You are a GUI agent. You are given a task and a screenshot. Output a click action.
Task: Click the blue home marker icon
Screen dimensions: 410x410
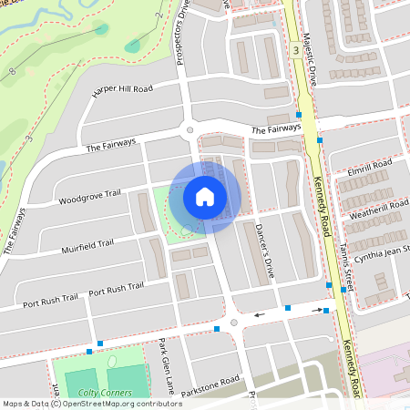pyautogui.click(x=205, y=196)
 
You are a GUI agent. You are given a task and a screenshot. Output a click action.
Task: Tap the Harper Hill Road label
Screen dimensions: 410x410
pyautogui.click(x=122, y=89)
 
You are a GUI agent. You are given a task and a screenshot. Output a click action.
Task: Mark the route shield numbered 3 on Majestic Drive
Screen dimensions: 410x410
pyautogui.click(x=296, y=51)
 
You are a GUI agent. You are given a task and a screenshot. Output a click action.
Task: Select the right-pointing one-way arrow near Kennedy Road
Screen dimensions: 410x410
pyautogui.click(x=319, y=310)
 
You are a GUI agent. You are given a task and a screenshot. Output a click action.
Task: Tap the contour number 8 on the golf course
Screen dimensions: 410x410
pyautogui.click(x=13, y=70)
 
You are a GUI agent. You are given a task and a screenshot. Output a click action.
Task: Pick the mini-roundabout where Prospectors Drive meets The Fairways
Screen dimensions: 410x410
pyautogui.click(x=190, y=130)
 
